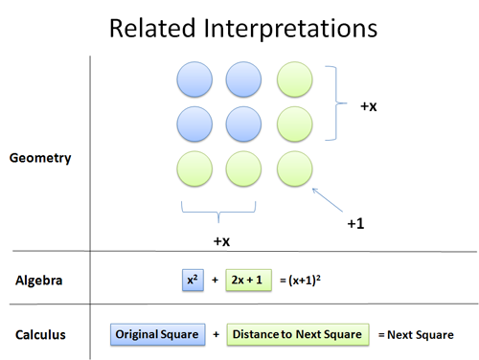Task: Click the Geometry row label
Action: (39, 158)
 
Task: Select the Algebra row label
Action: (39, 281)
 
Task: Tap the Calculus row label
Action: (40, 334)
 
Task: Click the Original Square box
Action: (156, 334)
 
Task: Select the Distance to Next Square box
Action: (298, 334)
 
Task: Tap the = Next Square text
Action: (416, 334)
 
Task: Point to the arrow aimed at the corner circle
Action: (328, 200)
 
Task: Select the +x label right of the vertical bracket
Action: (368, 107)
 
